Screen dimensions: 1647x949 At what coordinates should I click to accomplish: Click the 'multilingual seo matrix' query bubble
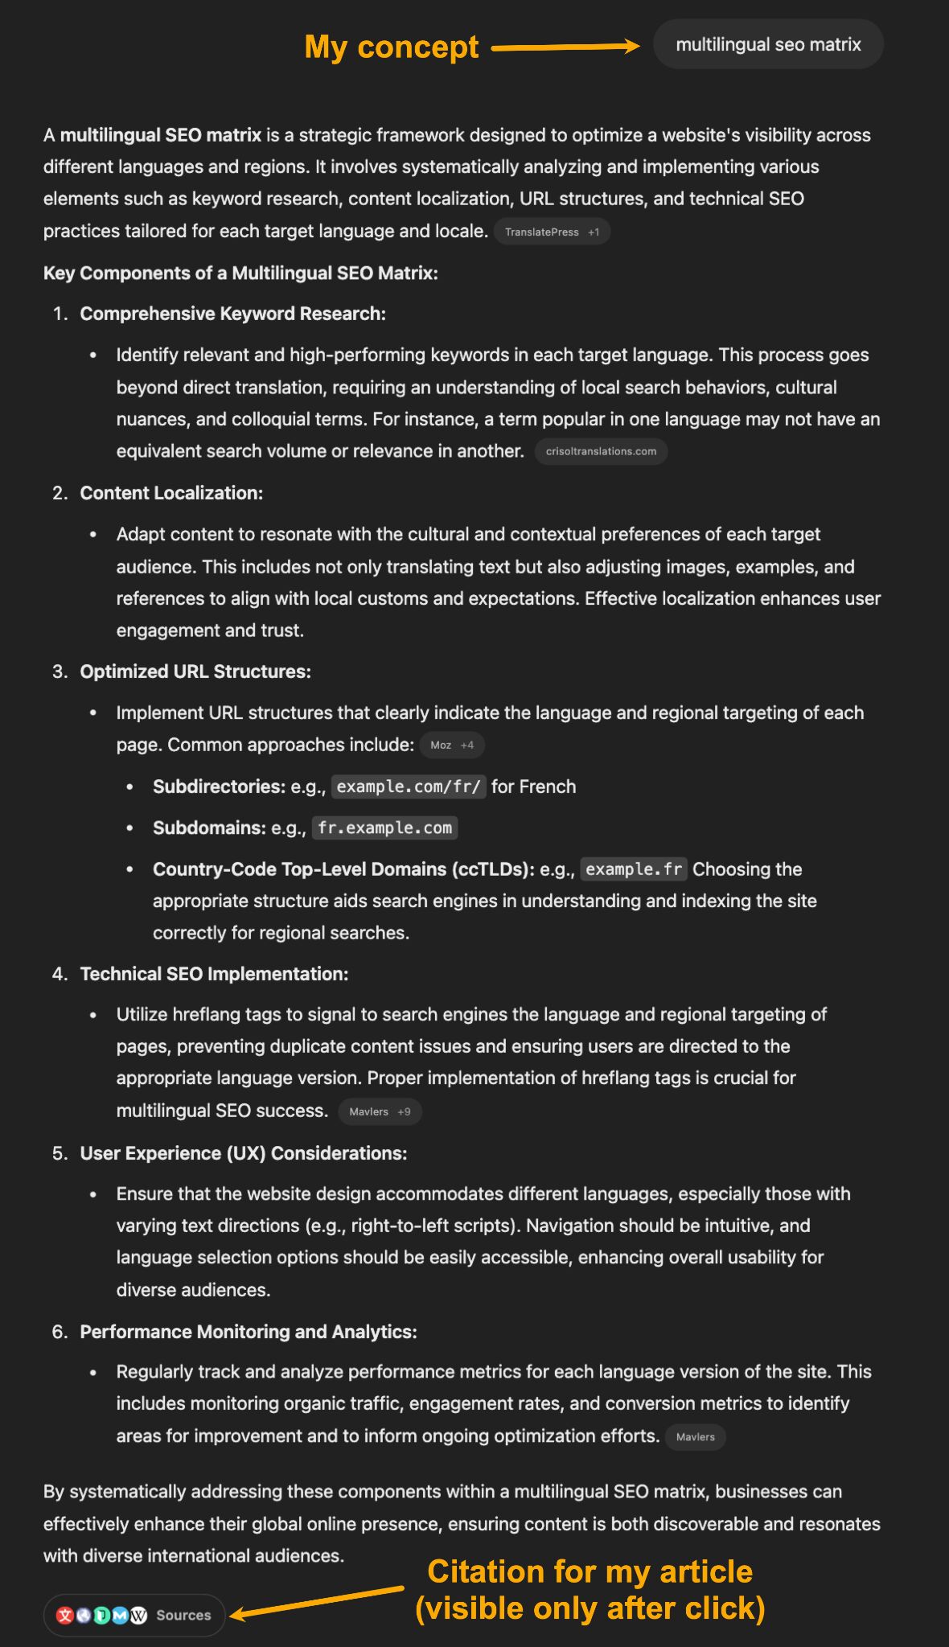(x=768, y=44)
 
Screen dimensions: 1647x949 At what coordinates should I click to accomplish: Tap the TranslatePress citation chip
(x=552, y=232)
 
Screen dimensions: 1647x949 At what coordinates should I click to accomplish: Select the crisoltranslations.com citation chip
(x=601, y=451)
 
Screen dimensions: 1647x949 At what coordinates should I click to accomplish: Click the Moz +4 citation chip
(x=452, y=745)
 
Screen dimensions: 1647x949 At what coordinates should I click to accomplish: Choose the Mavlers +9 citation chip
(x=380, y=1111)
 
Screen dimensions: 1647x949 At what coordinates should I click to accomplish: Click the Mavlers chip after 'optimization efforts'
(x=695, y=1437)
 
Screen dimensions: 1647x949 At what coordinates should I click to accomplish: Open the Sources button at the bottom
(x=134, y=1615)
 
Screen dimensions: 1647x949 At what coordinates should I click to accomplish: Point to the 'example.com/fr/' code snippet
(x=408, y=787)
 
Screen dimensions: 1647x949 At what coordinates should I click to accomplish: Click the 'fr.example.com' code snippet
(x=384, y=828)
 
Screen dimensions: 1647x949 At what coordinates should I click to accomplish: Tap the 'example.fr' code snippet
(x=634, y=869)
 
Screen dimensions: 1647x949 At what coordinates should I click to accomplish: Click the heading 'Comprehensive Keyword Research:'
(x=232, y=314)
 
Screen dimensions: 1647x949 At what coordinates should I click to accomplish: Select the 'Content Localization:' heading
(x=171, y=493)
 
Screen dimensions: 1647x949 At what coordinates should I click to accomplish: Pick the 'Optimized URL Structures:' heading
(x=195, y=672)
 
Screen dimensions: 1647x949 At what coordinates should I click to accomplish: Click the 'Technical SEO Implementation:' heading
(x=214, y=974)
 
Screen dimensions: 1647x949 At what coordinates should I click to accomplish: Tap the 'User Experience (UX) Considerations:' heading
(x=243, y=1153)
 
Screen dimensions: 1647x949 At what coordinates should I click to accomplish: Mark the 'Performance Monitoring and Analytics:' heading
(x=249, y=1332)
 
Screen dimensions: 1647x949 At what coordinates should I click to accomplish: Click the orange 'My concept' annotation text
(x=392, y=47)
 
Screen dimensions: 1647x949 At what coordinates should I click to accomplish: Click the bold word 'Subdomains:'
(x=209, y=828)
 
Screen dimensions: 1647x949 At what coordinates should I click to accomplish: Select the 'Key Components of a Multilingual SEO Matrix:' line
(x=240, y=273)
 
